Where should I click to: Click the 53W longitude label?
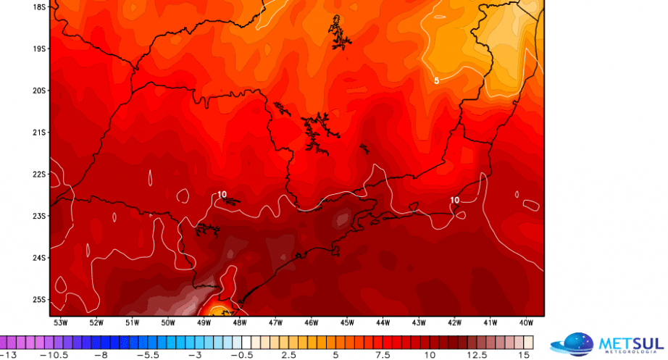[x=59, y=322]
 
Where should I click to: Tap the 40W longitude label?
[x=526, y=322]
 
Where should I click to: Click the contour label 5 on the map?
[x=436, y=80]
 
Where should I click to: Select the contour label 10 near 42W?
[x=454, y=200]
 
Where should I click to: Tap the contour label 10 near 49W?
[x=222, y=194]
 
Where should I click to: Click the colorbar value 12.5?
[x=478, y=355]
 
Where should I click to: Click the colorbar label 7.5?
[x=383, y=355]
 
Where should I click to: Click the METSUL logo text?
[x=629, y=343]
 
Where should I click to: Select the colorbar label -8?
[x=101, y=355]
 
